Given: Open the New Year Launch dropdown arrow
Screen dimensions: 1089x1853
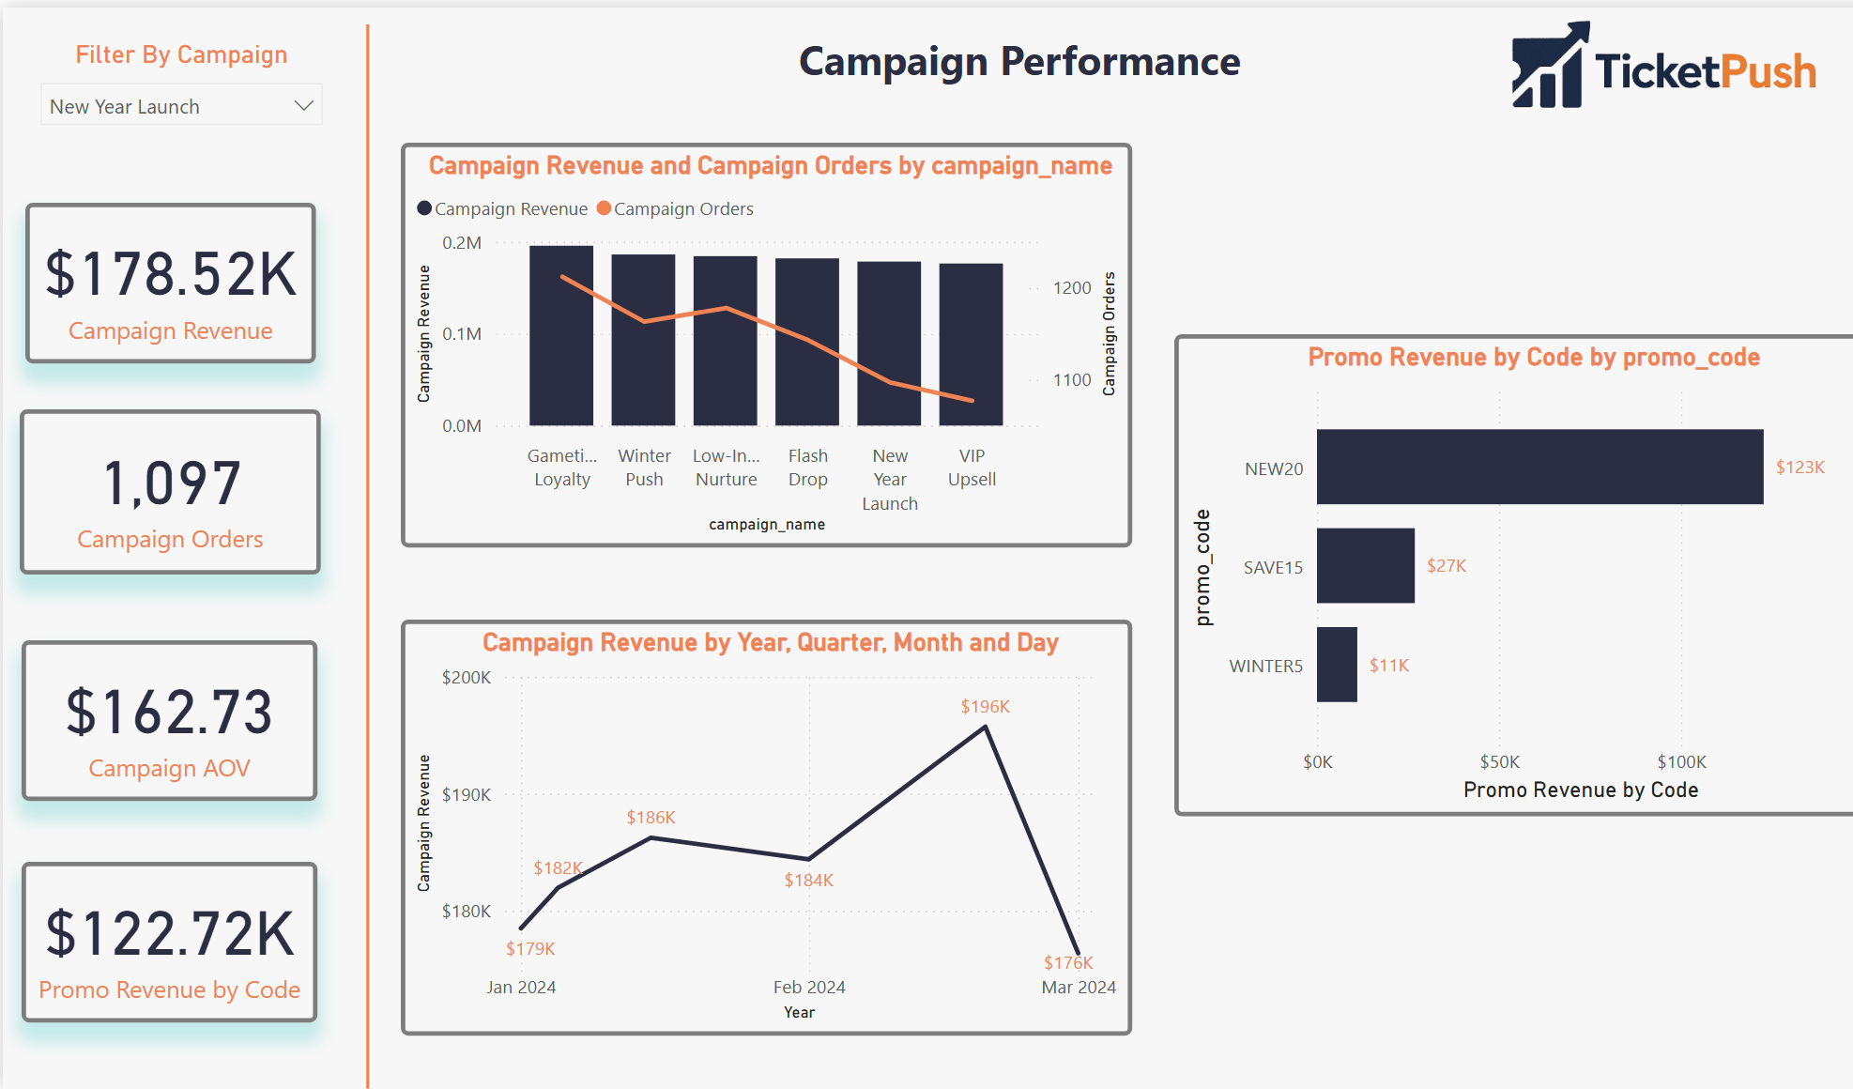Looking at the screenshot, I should click(x=302, y=106).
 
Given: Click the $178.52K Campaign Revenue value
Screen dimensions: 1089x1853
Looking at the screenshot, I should click(x=171, y=274).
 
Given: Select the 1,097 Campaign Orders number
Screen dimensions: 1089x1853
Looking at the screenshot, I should click(x=172, y=483).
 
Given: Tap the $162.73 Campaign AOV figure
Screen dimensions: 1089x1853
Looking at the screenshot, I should click(x=170, y=712).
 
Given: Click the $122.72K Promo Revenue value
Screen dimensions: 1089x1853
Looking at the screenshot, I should click(x=171, y=933).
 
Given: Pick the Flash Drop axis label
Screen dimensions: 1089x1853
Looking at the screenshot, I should click(x=807, y=468).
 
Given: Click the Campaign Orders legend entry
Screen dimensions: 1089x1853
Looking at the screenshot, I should click(x=676, y=208).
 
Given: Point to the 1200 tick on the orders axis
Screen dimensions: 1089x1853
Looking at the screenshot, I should click(x=1072, y=288).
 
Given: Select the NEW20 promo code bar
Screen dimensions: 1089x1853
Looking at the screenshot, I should click(x=1539, y=467).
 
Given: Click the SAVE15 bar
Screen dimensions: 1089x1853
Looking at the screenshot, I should click(x=1365, y=565).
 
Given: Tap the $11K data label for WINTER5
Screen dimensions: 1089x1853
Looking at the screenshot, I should click(x=1388, y=666).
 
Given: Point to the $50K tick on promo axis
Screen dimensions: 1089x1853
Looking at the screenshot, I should click(x=1499, y=761).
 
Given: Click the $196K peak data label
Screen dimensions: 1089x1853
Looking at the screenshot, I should click(x=985, y=707).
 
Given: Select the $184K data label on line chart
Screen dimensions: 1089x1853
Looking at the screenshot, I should click(x=808, y=881).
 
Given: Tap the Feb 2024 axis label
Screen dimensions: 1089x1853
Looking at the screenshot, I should click(x=808, y=987).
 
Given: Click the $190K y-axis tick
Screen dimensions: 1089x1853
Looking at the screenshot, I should click(x=467, y=794).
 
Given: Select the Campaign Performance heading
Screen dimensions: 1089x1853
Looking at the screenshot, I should click(x=1019, y=62).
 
